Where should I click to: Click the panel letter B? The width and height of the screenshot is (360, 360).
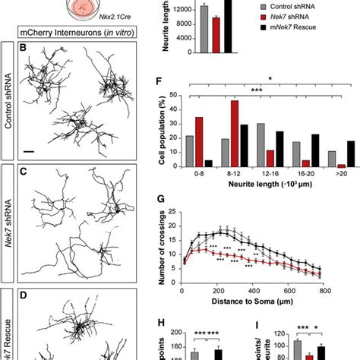pos(24,47)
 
